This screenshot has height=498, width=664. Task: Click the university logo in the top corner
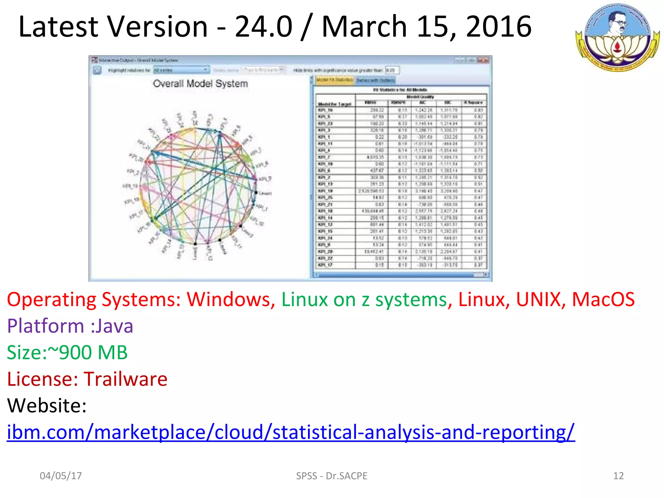point(617,38)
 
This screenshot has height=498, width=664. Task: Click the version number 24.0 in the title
point(263,27)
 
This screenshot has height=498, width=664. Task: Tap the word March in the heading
point(364,27)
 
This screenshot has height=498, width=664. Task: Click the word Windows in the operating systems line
point(231,299)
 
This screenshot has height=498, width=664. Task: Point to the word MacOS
point(603,299)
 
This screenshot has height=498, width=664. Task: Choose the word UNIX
point(538,299)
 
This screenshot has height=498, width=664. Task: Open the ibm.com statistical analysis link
point(291,432)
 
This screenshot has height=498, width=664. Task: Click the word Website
point(47,406)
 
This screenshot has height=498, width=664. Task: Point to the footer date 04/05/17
point(61,476)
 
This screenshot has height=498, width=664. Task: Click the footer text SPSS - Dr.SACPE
point(332,476)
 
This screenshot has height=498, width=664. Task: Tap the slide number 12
point(618,476)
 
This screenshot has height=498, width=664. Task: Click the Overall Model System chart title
point(200,84)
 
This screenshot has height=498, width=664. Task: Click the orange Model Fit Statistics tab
point(334,80)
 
